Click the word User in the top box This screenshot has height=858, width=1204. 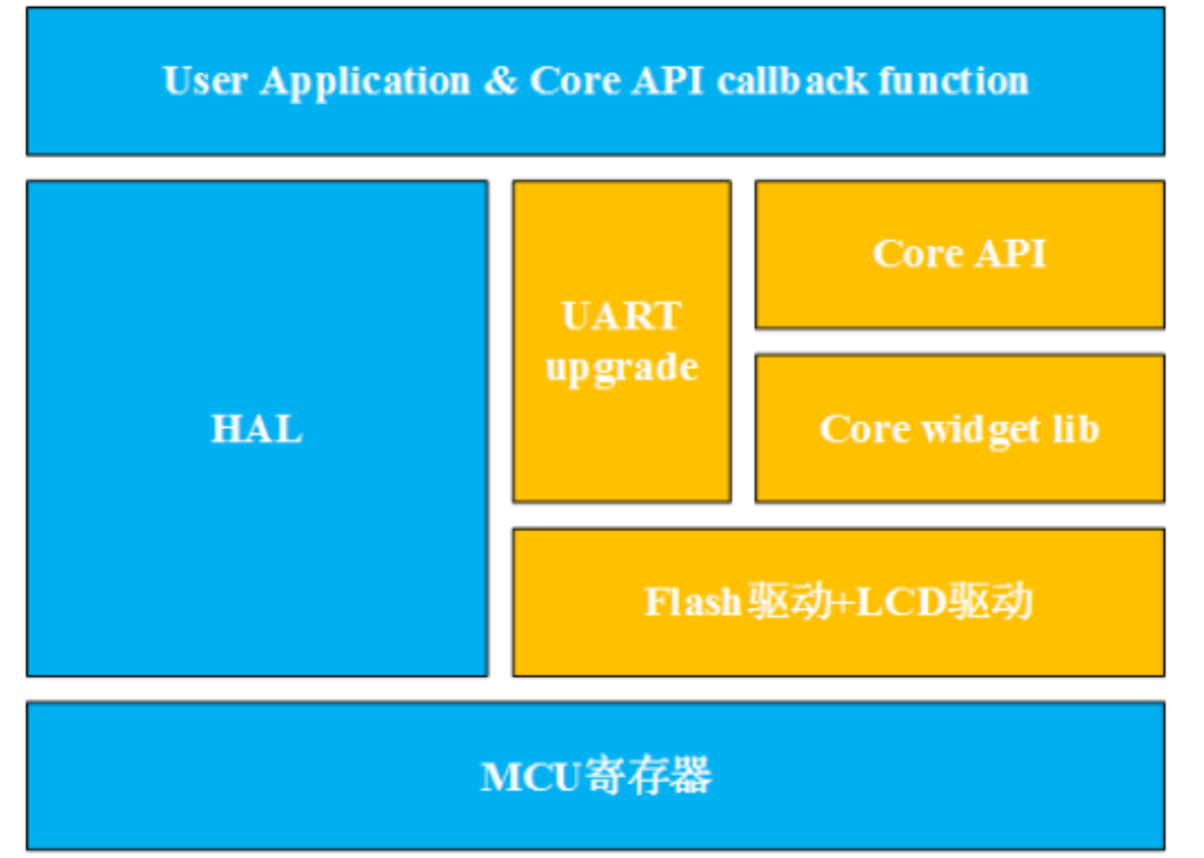[x=205, y=80]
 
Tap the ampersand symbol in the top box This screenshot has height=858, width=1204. [x=501, y=80]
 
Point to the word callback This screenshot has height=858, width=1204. [x=793, y=80]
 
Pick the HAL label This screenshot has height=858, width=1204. [x=257, y=429]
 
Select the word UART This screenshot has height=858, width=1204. [x=622, y=315]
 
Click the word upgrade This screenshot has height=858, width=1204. [x=622, y=369]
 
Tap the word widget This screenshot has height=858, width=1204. [x=981, y=431]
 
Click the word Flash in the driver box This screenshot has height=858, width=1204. [x=693, y=601]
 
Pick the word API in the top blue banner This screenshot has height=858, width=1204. [x=667, y=80]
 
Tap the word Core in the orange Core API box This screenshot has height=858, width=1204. [x=918, y=253]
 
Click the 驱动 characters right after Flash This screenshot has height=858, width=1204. [x=788, y=601]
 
